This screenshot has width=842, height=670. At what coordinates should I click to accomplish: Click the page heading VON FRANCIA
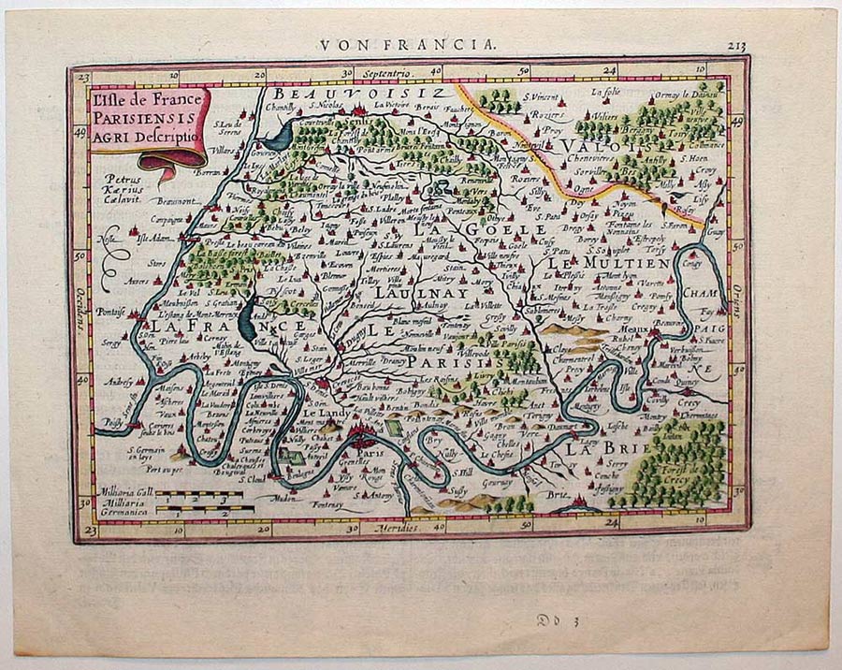[408, 44]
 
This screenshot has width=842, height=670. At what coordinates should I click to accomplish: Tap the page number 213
[736, 44]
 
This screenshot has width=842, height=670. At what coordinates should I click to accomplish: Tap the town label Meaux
[632, 329]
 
